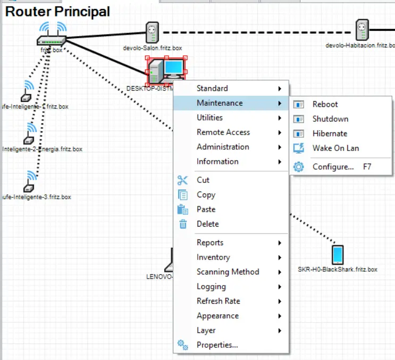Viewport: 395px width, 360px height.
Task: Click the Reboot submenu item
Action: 325,105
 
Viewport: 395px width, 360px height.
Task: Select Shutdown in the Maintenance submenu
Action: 330,119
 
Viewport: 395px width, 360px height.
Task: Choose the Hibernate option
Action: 330,133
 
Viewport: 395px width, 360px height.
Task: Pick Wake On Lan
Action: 335,148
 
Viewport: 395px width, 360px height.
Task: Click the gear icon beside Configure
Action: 299,167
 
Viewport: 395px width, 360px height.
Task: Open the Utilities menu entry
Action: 209,118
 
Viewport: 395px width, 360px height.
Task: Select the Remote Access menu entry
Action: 223,132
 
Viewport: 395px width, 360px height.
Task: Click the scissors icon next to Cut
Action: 183,180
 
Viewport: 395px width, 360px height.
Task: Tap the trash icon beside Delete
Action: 183,224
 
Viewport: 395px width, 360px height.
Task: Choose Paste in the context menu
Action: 206,210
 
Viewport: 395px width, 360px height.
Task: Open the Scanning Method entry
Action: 228,272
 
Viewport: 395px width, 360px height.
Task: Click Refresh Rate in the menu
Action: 218,301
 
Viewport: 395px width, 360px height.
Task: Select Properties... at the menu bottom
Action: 217,345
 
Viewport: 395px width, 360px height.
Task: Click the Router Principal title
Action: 57,11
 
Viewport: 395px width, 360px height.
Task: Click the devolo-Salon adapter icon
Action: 153,32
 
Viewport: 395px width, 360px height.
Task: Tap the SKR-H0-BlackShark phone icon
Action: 338,255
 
